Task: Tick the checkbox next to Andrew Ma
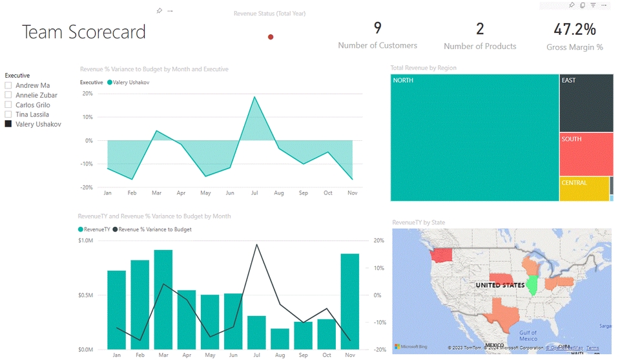[8, 85]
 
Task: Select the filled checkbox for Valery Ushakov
[8, 124]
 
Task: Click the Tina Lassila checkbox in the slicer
[8, 114]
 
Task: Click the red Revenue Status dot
[271, 37]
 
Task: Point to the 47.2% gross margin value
[574, 28]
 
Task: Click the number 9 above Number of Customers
[377, 28]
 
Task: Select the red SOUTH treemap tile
[585, 154]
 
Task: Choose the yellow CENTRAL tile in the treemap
[584, 188]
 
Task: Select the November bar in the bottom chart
[350, 301]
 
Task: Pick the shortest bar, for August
[280, 339]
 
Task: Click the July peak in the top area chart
[254, 98]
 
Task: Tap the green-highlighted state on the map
[532, 285]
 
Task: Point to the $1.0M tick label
[86, 240]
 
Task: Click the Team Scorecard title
[84, 32]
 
